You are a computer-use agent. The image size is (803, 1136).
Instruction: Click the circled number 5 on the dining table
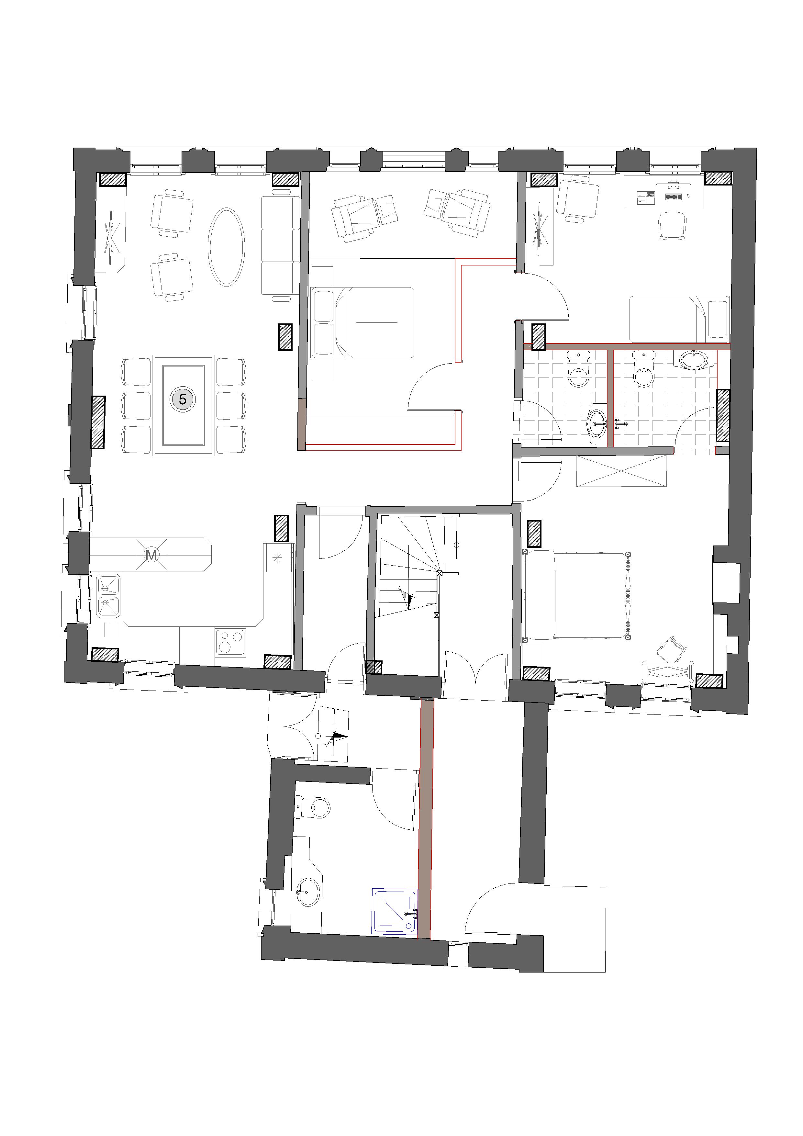pyautogui.click(x=183, y=399)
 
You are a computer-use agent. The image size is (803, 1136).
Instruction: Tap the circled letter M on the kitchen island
pyautogui.click(x=151, y=555)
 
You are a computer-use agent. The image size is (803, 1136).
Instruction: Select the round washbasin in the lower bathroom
pyautogui.click(x=308, y=892)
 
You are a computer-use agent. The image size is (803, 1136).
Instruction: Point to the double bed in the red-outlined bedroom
pyautogui.click(x=362, y=322)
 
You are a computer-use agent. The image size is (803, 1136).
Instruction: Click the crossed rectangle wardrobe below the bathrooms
pyautogui.click(x=621, y=471)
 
